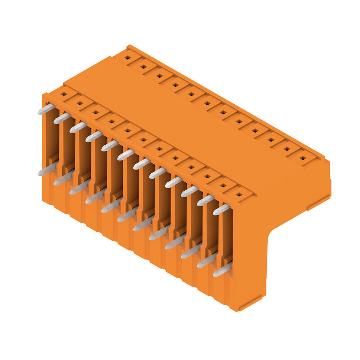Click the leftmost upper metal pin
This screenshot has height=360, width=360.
coord(46,109)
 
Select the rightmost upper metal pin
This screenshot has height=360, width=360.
coord(221,209)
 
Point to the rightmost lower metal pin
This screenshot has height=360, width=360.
coord(222,270)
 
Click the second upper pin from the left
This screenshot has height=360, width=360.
coord(62,118)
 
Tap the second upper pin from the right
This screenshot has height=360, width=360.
coord(205,200)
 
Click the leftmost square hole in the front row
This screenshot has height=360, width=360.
coord(63,94)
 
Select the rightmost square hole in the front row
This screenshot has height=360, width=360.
coord(239,194)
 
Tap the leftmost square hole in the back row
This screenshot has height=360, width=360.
coord(127,58)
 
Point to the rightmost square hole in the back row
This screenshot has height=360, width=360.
coord(303,158)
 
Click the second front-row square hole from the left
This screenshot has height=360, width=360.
coord(80,103)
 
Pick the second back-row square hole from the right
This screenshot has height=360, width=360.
coord(287,149)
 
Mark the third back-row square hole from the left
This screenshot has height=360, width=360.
coord(159,76)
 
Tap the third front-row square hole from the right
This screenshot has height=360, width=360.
coord(207,176)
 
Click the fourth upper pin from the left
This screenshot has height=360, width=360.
coord(94,136)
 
